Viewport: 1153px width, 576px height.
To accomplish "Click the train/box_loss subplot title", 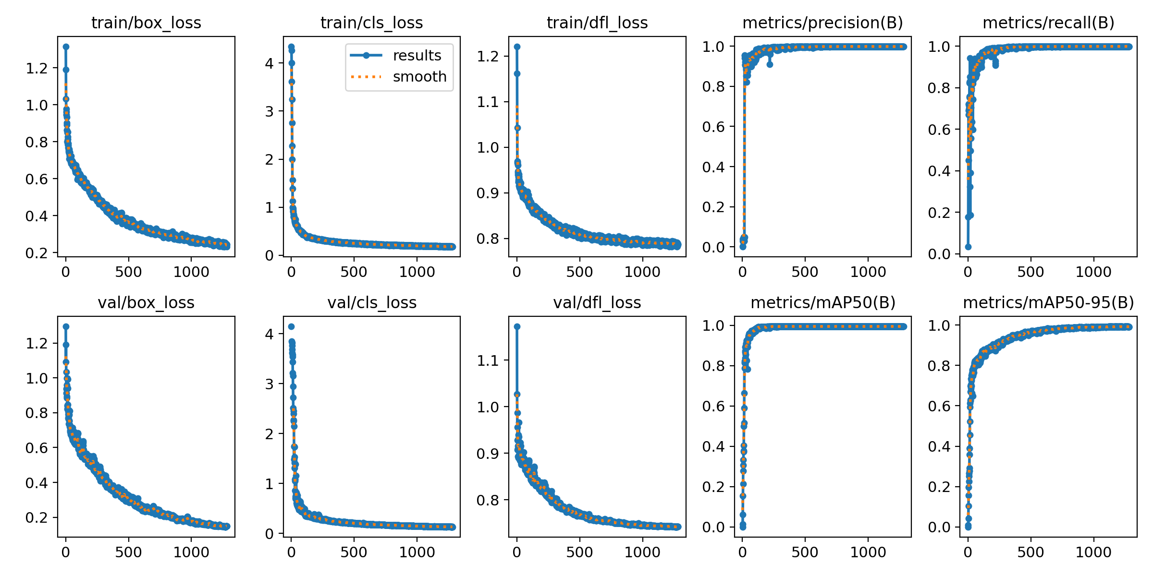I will point(146,23).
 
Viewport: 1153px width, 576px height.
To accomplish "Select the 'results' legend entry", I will point(417,56).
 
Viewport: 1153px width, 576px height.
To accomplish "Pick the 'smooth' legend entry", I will point(419,77).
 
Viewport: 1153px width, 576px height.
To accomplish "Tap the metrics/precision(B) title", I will point(822,23).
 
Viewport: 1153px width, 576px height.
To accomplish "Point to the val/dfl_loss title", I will point(597,302).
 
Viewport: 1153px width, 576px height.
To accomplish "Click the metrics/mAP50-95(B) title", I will point(1048,302).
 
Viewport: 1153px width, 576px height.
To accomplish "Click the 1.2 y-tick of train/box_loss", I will point(37,68).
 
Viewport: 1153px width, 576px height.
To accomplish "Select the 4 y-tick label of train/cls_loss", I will point(269,63).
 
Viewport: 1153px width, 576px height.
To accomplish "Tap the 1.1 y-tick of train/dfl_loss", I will point(488,102).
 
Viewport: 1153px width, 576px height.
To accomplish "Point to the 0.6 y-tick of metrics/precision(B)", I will point(713,127).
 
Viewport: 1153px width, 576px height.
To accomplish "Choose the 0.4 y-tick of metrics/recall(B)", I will point(939,171).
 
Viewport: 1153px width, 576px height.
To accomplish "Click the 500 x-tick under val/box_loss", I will point(128,552).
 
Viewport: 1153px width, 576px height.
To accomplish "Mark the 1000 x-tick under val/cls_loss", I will point(417,552).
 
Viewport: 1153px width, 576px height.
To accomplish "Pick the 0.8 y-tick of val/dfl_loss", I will point(488,500).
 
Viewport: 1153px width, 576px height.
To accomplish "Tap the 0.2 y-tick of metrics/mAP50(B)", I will point(713,487).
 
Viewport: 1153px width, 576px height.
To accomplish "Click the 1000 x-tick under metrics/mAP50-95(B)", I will point(1093,552).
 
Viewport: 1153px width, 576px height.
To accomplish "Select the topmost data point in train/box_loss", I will point(66,47).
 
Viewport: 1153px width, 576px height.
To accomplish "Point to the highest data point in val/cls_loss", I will point(291,326).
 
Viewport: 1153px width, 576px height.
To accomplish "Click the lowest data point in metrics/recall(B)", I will point(968,247).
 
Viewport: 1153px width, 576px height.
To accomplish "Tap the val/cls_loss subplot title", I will point(372,302).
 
